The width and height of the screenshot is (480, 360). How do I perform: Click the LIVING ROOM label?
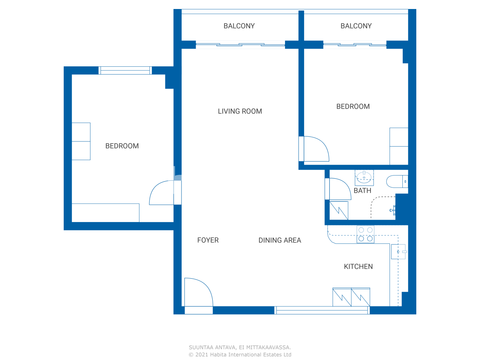click(x=240, y=111)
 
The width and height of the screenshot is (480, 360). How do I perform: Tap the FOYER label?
click(x=208, y=240)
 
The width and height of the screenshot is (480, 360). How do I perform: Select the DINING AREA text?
click(x=280, y=240)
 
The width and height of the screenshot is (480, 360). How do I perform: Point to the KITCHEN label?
click(x=358, y=267)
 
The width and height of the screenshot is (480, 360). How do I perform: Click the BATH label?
click(x=362, y=190)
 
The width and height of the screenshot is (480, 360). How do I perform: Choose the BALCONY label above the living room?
click(x=239, y=26)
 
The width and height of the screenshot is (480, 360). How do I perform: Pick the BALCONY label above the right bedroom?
click(x=356, y=26)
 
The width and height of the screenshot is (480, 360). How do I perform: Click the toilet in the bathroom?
click(x=397, y=181)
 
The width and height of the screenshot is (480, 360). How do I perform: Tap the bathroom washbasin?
click(x=364, y=178)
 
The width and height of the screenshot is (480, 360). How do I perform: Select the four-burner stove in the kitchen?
click(x=365, y=234)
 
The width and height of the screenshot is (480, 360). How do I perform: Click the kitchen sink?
click(x=398, y=252)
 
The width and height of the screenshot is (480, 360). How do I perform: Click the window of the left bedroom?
click(x=125, y=70)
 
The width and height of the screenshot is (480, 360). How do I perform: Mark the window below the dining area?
click(x=322, y=310)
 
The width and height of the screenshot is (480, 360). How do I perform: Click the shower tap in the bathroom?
click(x=393, y=210)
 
